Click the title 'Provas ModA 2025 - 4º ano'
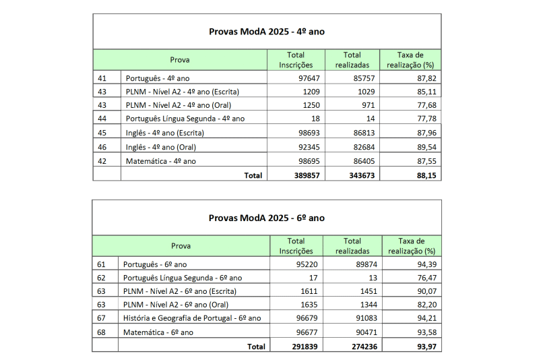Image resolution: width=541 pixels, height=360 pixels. tap(267, 32)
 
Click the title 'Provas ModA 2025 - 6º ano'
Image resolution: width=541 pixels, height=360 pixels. tap(267, 218)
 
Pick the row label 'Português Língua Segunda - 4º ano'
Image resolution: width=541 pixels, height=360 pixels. tap(185, 119)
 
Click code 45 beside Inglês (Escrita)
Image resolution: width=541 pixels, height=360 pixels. tap(102, 133)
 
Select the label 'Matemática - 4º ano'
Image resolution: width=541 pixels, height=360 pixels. tap(161, 161)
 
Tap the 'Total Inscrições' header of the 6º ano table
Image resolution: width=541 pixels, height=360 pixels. tap(296, 245)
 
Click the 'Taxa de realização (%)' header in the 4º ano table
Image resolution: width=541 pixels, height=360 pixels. tap(410, 59)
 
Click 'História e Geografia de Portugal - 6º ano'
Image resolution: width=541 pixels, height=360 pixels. tap(192, 318)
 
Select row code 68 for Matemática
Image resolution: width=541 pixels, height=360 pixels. tap(102, 332)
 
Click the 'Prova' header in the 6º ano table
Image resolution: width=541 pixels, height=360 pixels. tap(181, 246)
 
